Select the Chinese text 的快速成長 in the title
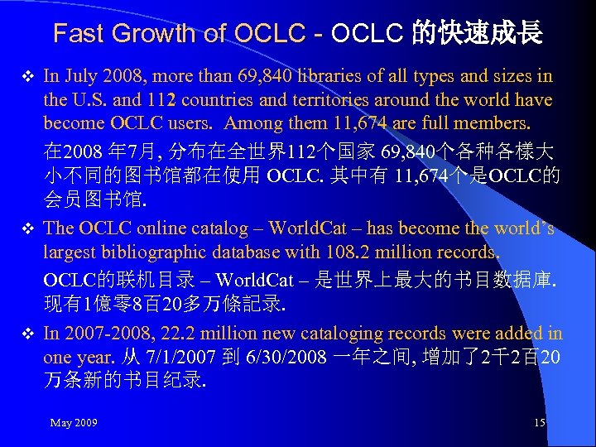click(x=478, y=34)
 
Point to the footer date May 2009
click(x=74, y=423)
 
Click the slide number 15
click(x=540, y=423)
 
